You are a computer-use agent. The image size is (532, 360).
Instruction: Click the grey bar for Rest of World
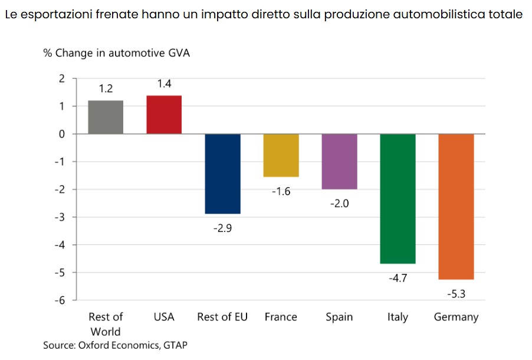click(x=106, y=117)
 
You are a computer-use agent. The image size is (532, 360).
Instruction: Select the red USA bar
click(x=164, y=115)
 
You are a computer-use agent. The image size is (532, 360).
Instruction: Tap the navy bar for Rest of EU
click(x=222, y=174)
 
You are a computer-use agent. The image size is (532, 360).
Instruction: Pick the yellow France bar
click(x=281, y=155)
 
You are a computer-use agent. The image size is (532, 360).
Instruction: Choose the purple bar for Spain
click(x=339, y=161)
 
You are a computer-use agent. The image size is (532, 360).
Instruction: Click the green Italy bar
click(x=398, y=199)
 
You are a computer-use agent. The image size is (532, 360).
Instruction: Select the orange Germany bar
click(x=456, y=207)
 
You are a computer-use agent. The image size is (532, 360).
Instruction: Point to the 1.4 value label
click(x=164, y=84)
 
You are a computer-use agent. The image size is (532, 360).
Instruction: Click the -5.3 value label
click(x=457, y=294)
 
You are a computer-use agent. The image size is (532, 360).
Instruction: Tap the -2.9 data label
click(x=222, y=228)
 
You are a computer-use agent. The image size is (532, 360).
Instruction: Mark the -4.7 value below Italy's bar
click(x=398, y=278)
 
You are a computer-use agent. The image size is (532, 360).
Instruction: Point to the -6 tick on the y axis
click(x=60, y=300)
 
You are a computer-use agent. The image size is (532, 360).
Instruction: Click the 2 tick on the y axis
click(x=62, y=78)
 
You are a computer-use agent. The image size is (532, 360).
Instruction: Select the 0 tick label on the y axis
click(x=62, y=134)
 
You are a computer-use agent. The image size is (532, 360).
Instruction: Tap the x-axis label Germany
click(x=456, y=317)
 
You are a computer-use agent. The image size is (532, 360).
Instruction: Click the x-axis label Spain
click(x=339, y=317)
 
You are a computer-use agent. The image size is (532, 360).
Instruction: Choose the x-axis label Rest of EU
click(x=222, y=317)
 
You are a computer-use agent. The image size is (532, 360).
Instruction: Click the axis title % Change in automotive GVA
click(x=116, y=53)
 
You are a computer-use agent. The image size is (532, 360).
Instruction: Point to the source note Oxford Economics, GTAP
click(x=133, y=345)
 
